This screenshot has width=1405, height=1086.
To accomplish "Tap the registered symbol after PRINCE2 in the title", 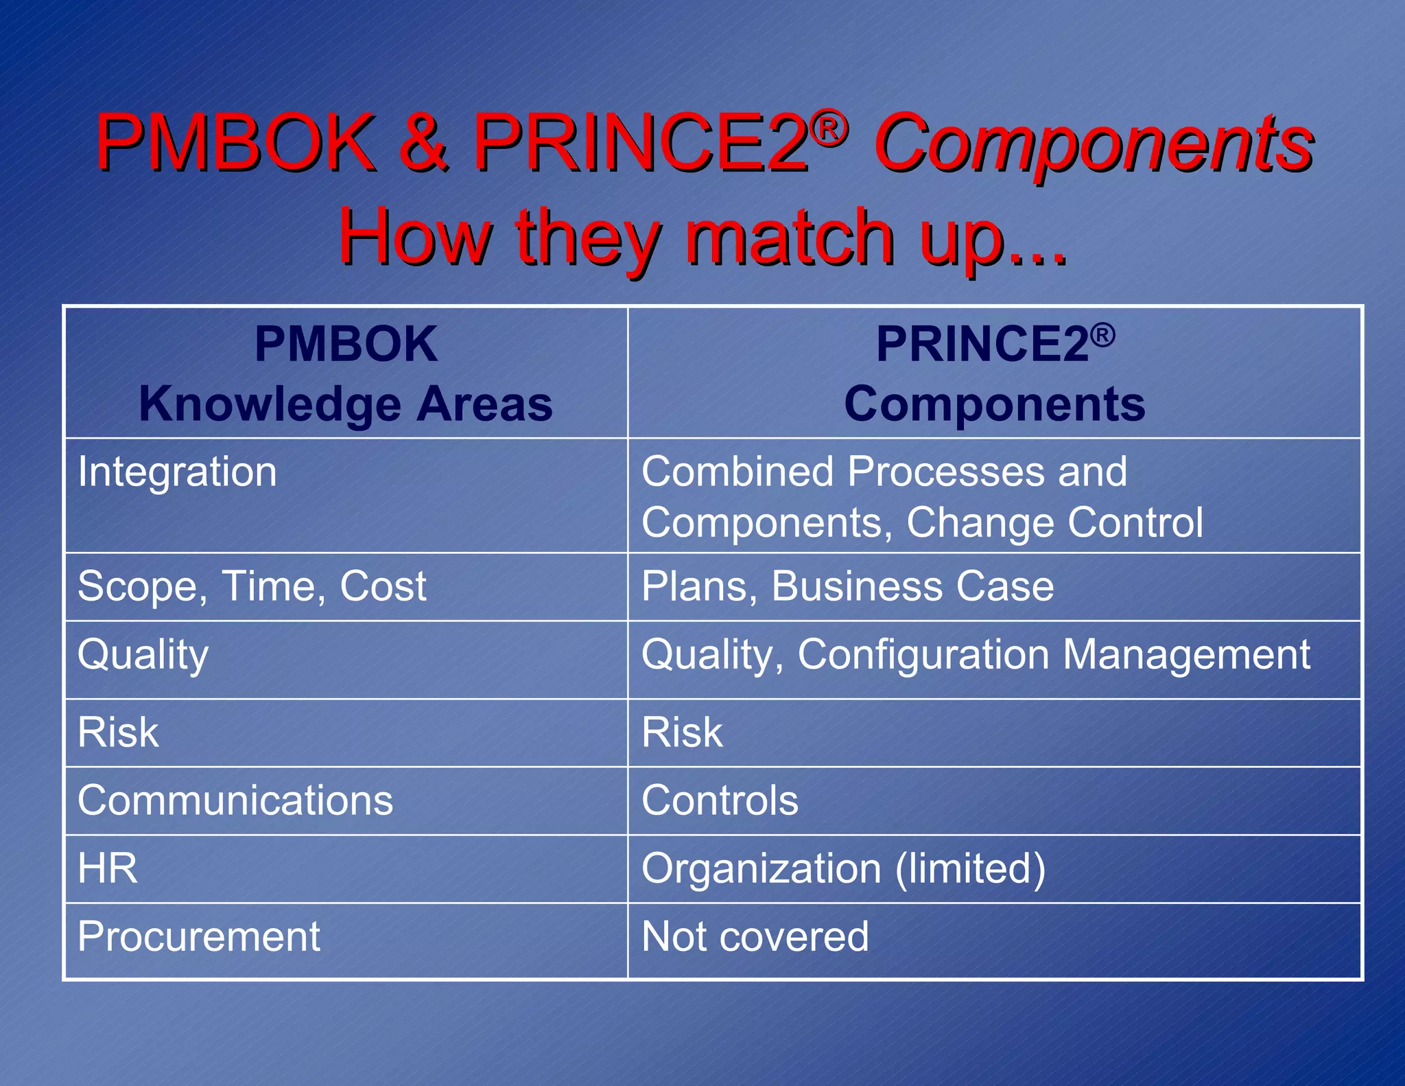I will coord(829,128).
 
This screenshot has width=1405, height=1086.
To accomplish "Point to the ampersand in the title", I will coord(425,143).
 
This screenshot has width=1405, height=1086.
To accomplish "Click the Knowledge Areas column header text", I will coord(346,404).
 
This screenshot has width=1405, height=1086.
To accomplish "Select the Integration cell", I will coord(177,472).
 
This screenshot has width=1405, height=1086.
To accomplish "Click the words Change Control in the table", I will coord(1054,523).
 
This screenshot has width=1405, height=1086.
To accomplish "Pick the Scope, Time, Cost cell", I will coord(252,587).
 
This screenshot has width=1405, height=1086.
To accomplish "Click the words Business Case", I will coord(912,587).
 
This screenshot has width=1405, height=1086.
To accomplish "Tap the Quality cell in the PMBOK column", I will coord(143,655).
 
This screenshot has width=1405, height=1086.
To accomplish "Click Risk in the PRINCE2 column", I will coord(682,732).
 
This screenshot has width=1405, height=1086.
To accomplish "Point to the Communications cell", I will coord(235,801).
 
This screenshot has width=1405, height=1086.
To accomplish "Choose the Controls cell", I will coord(720,801).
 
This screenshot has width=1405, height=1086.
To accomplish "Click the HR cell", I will coord(108,868).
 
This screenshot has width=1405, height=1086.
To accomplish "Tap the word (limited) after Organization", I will coord(970,868).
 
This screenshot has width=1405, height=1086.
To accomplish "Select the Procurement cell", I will coord(199,937).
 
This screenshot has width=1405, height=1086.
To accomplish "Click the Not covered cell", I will coord(755,937).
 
